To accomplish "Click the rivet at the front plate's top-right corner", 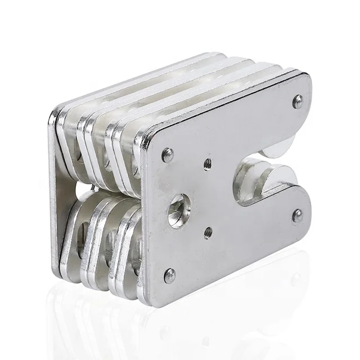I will [298, 101].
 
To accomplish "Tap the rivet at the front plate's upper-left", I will [168, 155].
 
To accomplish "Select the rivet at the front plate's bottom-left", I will [169, 275].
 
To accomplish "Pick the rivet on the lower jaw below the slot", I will [297, 215].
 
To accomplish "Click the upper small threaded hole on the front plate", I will [208, 163].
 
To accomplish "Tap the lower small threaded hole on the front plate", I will [208, 232].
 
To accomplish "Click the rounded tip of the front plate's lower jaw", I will [307, 205].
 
